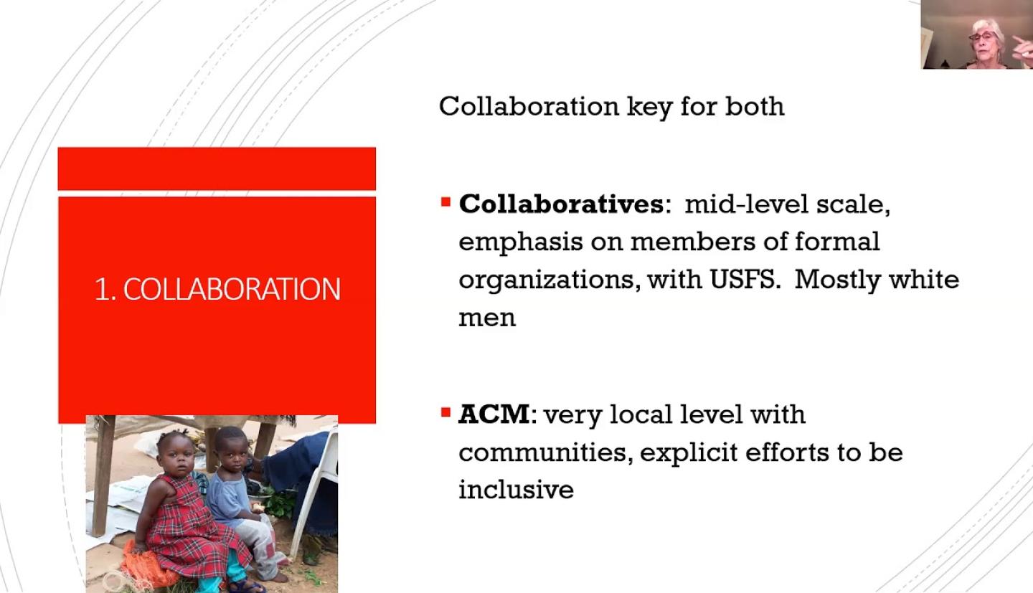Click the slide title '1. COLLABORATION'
[x=217, y=289]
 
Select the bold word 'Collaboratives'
[x=561, y=204]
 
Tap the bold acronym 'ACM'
[x=494, y=414]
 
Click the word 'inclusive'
[x=516, y=489]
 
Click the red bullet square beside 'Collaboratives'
[x=445, y=202]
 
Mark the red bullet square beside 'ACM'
[x=445, y=412]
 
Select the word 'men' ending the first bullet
[x=487, y=318]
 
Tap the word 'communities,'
[x=545, y=452]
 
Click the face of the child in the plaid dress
[x=178, y=460]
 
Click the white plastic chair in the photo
[x=319, y=484]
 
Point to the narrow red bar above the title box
[x=217, y=169]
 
